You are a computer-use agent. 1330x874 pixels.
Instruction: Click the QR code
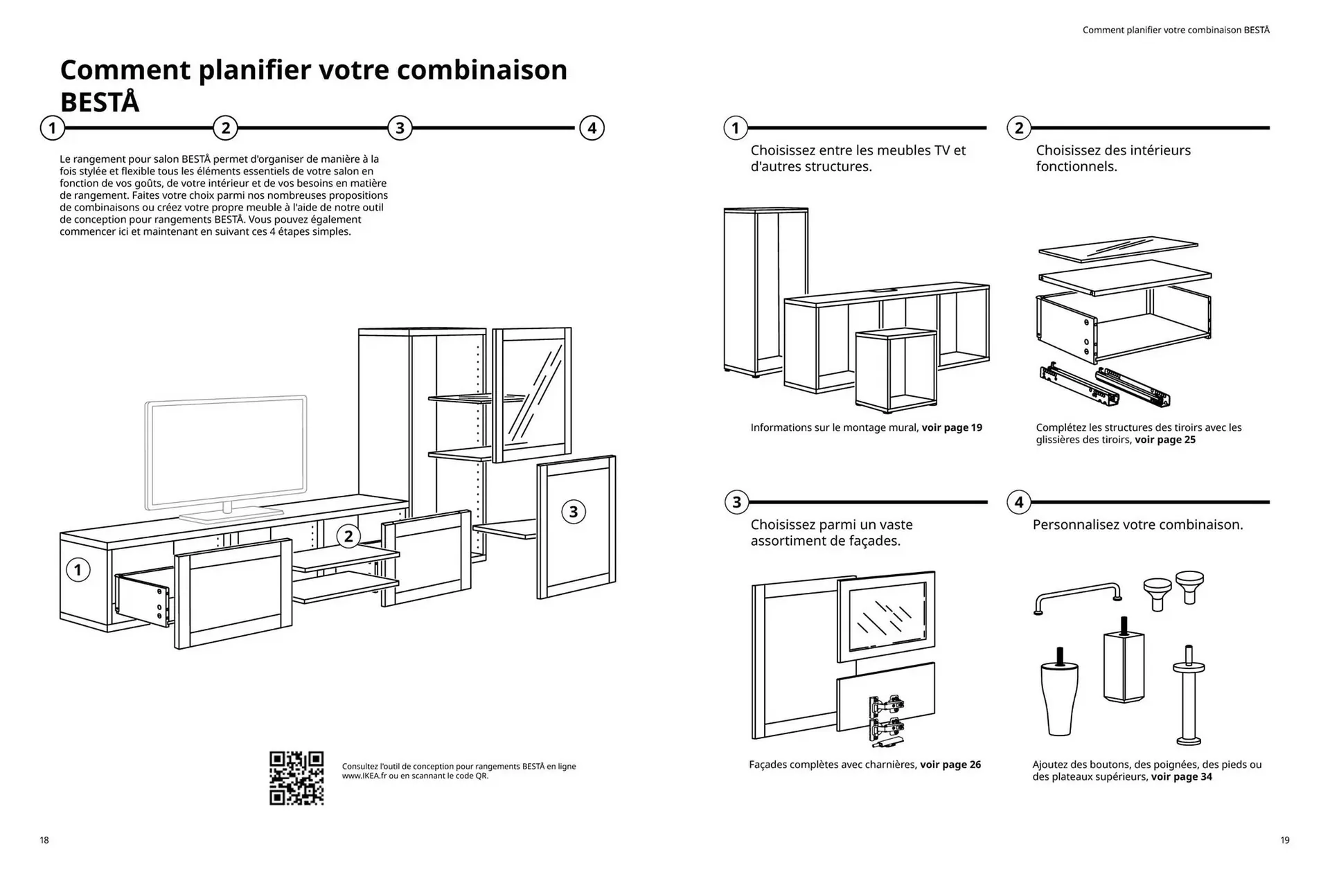[x=296, y=778]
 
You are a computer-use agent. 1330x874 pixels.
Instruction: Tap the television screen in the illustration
[x=225, y=454]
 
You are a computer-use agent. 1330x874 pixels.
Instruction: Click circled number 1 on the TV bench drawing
[x=78, y=570]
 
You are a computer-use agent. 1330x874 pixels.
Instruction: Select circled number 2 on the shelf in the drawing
[x=348, y=535]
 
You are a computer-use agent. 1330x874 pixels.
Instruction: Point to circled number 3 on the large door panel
[x=573, y=512]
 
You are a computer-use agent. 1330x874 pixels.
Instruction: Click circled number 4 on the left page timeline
[x=592, y=128]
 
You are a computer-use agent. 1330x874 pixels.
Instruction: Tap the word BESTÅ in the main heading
[x=100, y=102]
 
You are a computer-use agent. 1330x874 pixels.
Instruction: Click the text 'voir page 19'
[x=951, y=427]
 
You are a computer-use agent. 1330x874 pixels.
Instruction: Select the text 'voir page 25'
[x=1164, y=440]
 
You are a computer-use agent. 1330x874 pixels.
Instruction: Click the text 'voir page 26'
[x=950, y=765]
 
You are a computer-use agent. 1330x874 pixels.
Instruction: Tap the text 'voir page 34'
[x=1181, y=777]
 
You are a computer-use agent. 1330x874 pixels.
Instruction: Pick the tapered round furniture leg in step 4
[x=1059, y=696]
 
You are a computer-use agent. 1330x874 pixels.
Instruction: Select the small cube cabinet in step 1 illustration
[x=895, y=369]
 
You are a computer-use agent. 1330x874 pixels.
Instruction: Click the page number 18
[x=44, y=840]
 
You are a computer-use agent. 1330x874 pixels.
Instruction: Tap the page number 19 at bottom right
[x=1285, y=840]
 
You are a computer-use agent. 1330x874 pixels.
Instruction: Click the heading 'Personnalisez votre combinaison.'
[x=1137, y=525]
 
